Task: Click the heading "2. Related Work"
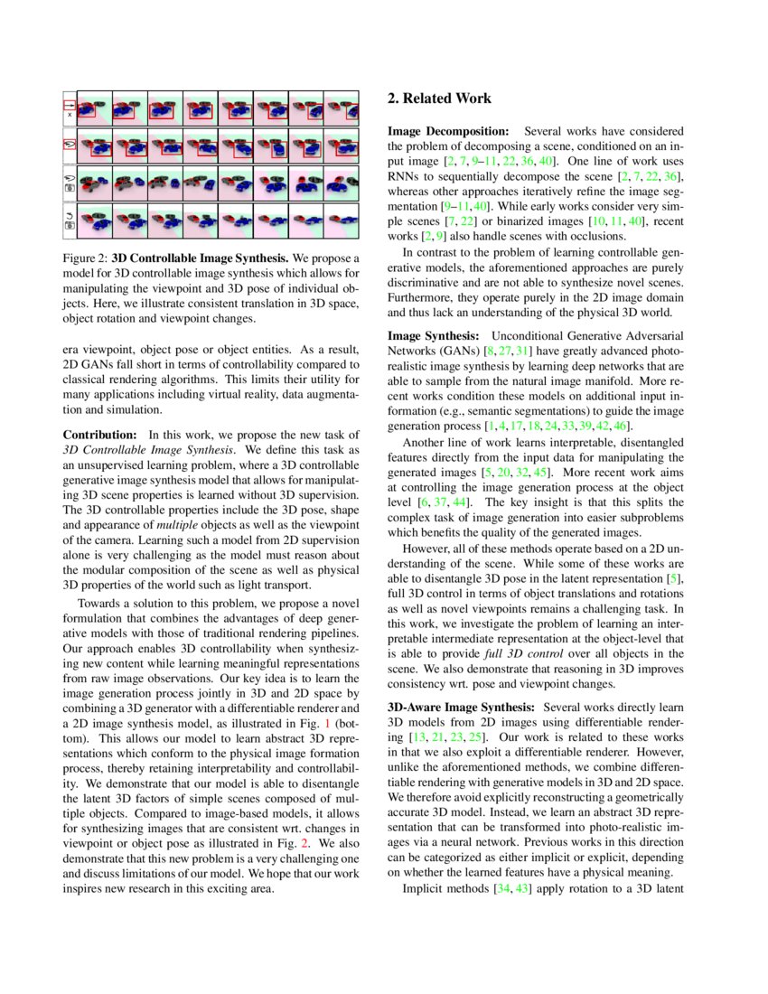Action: pos(439,98)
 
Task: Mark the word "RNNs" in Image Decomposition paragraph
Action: pos(406,175)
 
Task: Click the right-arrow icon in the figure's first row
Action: pos(69,105)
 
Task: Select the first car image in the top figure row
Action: pos(93,108)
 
